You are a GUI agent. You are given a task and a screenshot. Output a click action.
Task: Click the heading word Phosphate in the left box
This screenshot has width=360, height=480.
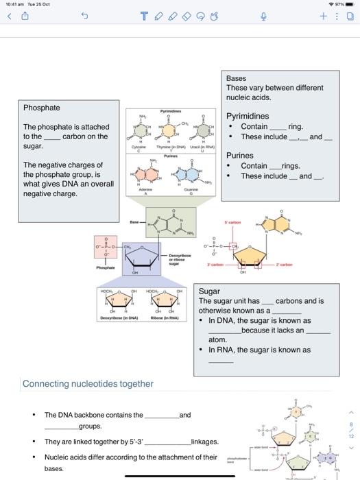(42, 108)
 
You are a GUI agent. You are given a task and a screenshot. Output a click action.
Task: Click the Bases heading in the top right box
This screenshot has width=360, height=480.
(236, 78)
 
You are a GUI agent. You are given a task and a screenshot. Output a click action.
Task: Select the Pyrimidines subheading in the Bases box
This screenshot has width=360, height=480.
(248, 116)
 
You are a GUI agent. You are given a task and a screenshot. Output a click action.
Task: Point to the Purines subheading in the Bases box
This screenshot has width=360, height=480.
(240, 156)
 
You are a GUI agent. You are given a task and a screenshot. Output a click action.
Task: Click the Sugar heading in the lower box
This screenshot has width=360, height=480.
(209, 291)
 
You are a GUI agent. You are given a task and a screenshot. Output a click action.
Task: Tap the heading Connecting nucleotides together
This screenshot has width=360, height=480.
(88, 383)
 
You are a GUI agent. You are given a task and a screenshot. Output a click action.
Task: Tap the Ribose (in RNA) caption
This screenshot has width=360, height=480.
(164, 318)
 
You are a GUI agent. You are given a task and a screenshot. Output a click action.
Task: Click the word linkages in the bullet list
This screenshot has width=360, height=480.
(205, 442)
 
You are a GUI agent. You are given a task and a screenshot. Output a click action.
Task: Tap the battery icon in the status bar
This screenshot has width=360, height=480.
(349, 5)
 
